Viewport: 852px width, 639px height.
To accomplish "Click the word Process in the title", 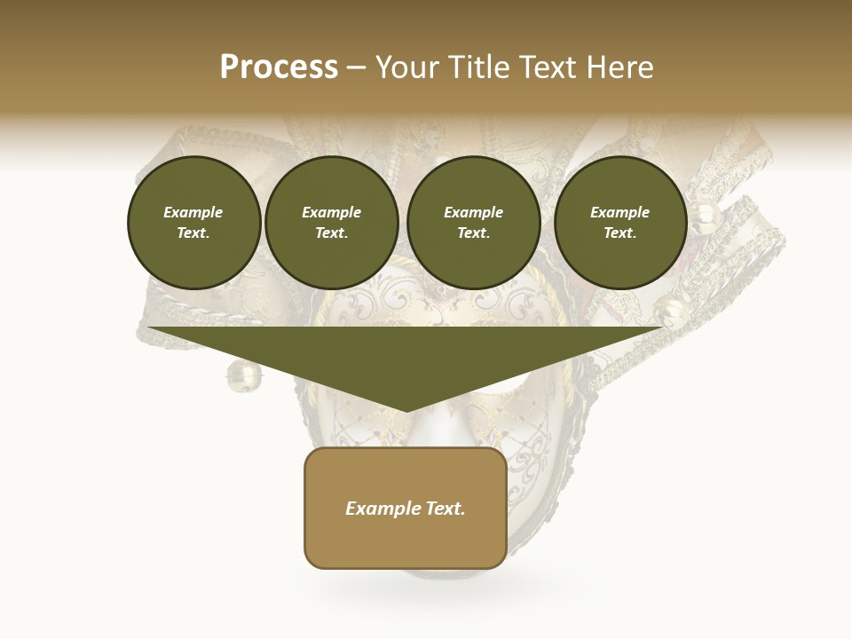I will [x=279, y=67].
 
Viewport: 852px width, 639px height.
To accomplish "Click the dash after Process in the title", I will [x=356, y=68].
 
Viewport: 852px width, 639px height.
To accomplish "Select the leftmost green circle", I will [x=193, y=223].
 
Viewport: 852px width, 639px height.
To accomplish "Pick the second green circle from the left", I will [x=331, y=223].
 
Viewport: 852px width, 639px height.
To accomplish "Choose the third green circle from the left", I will [x=473, y=223].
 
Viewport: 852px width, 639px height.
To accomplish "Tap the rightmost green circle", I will [x=619, y=223].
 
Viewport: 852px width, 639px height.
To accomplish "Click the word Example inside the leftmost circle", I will [x=193, y=212].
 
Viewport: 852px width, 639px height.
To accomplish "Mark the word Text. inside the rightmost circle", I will [x=619, y=233].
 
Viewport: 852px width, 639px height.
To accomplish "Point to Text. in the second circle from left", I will [x=331, y=233].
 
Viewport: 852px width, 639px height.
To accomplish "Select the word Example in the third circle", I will [x=473, y=212].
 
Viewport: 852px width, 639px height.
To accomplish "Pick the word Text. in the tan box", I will [x=445, y=509].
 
